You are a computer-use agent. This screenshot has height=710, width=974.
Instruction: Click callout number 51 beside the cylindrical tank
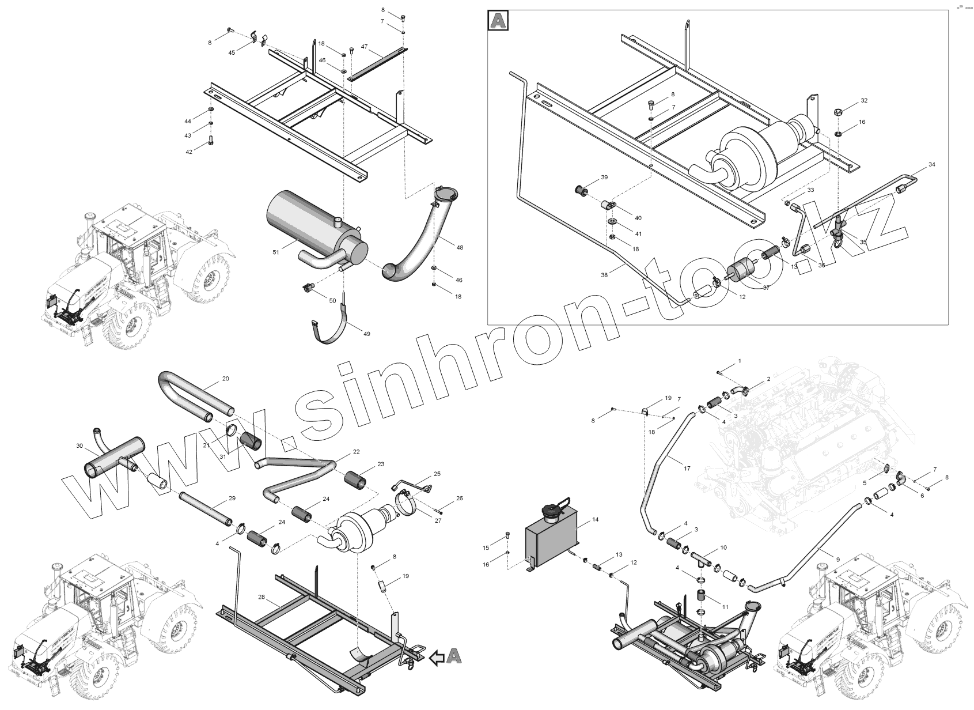click(x=275, y=252)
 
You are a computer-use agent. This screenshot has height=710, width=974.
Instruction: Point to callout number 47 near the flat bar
click(x=365, y=46)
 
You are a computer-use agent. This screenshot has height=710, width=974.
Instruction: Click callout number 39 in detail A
click(x=604, y=177)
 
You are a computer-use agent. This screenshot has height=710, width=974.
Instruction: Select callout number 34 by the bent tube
click(x=932, y=165)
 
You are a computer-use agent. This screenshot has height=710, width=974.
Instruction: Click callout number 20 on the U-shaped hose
click(x=225, y=379)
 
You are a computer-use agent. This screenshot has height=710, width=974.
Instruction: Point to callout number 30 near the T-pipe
click(x=79, y=445)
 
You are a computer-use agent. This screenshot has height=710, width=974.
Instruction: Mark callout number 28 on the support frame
click(x=261, y=597)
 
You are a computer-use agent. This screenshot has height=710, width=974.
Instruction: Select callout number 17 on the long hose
click(x=687, y=469)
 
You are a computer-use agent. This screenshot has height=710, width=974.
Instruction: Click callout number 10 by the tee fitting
click(x=723, y=547)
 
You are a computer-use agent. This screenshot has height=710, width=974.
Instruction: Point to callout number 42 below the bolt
click(x=189, y=152)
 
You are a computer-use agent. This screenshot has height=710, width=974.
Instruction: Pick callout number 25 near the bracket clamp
click(x=437, y=474)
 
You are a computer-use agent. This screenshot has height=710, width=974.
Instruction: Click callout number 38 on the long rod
click(x=604, y=275)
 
